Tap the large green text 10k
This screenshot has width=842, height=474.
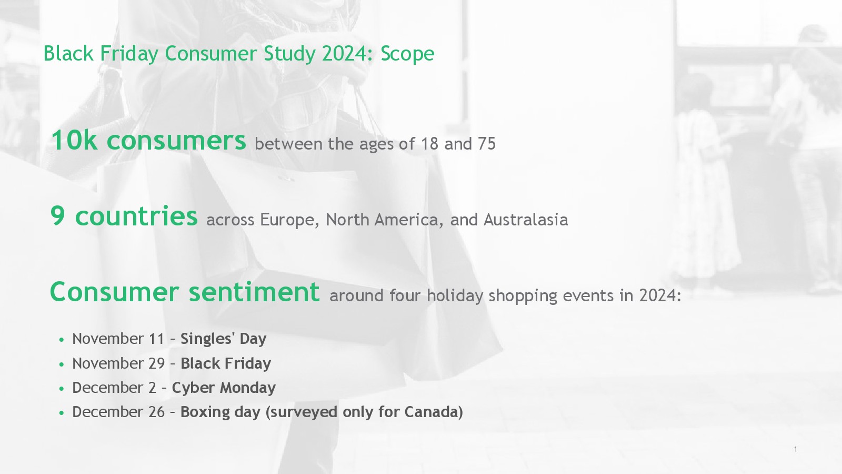74,140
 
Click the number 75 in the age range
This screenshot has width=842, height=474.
487,144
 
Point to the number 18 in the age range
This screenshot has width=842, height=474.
429,144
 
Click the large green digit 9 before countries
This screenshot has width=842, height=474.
57,216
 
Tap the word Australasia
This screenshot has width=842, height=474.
526,220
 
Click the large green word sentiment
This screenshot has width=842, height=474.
254,292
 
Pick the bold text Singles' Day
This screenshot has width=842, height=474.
223,339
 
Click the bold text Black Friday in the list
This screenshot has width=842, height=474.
226,363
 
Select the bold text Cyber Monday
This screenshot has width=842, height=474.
224,388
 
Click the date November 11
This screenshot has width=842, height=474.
118,339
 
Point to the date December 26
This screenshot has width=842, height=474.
118,412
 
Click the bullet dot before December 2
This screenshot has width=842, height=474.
62,389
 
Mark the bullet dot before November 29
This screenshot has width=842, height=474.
62,364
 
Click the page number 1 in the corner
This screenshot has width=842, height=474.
795,449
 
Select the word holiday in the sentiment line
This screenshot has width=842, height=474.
455,295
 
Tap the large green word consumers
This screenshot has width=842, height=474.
176,141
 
